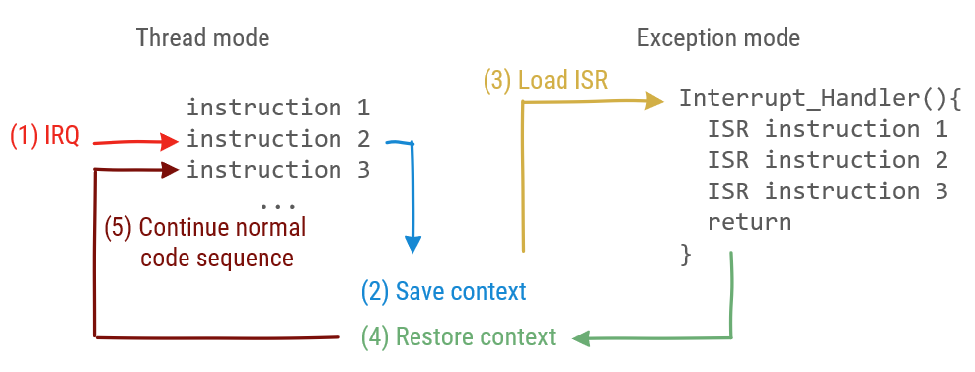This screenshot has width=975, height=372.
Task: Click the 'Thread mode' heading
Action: [202, 38]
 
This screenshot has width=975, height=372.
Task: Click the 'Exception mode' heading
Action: [717, 38]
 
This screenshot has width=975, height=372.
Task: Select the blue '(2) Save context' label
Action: [443, 291]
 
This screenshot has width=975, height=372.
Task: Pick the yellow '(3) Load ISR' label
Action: [545, 80]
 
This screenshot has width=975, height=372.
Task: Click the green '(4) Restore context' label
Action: [458, 336]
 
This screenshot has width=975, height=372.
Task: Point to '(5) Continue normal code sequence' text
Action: [205, 242]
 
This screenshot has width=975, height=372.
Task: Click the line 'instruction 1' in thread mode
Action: [277, 107]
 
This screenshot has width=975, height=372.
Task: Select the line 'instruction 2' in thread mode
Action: [277, 138]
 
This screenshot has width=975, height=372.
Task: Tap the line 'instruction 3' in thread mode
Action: [277, 170]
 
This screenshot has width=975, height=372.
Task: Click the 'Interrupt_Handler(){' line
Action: [819, 99]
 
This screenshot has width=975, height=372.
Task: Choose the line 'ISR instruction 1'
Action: [827, 129]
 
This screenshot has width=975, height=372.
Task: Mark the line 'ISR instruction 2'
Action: [827, 160]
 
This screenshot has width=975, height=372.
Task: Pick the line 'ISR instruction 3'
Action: [827, 190]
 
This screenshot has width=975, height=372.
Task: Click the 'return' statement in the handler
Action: [749, 222]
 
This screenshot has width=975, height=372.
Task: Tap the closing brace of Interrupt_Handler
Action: [686, 254]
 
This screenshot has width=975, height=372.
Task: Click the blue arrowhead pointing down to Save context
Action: [413, 244]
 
